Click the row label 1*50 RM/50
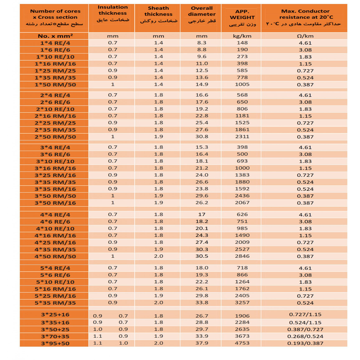(x=56, y=85)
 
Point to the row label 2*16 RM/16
(x=56, y=116)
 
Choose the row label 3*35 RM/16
(x=55, y=189)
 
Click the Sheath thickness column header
(x=159, y=15)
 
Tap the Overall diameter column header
(x=202, y=15)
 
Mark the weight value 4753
(x=242, y=343)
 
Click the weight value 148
(x=242, y=43)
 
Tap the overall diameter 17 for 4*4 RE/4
(x=202, y=215)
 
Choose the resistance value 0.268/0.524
(x=305, y=336)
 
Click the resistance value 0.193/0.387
(x=305, y=343)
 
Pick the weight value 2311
(x=242, y=137)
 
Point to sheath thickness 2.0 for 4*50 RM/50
(x=159, y=256)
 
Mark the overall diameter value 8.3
(x=202, y=43)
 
